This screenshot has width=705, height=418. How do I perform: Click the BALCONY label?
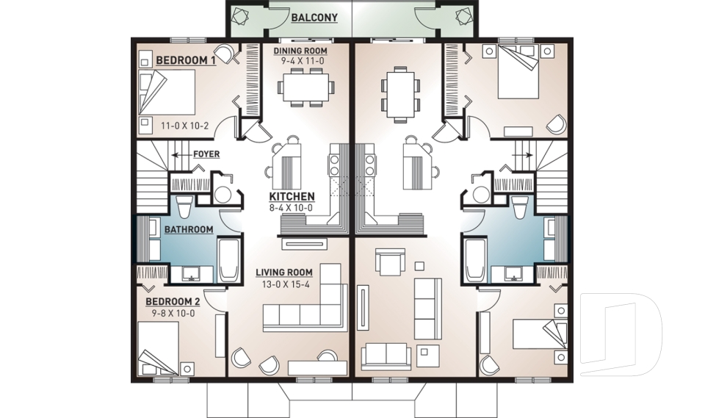(x=313, y=17)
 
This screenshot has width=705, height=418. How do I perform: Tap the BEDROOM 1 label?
(x=185, y=61)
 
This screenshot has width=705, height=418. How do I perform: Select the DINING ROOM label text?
(x=299, y=51)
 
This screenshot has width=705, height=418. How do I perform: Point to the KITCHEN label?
(x=292, y=197)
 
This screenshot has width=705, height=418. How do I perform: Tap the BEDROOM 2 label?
(x=172, y=302)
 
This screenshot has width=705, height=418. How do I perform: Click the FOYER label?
(x=206, y=155)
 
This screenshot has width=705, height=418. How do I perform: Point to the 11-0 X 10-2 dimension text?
(x=185, y=126)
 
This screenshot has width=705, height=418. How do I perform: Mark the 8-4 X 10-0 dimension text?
(x=292, y=208)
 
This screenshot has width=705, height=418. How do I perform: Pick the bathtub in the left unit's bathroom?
(x=228, y=259)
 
